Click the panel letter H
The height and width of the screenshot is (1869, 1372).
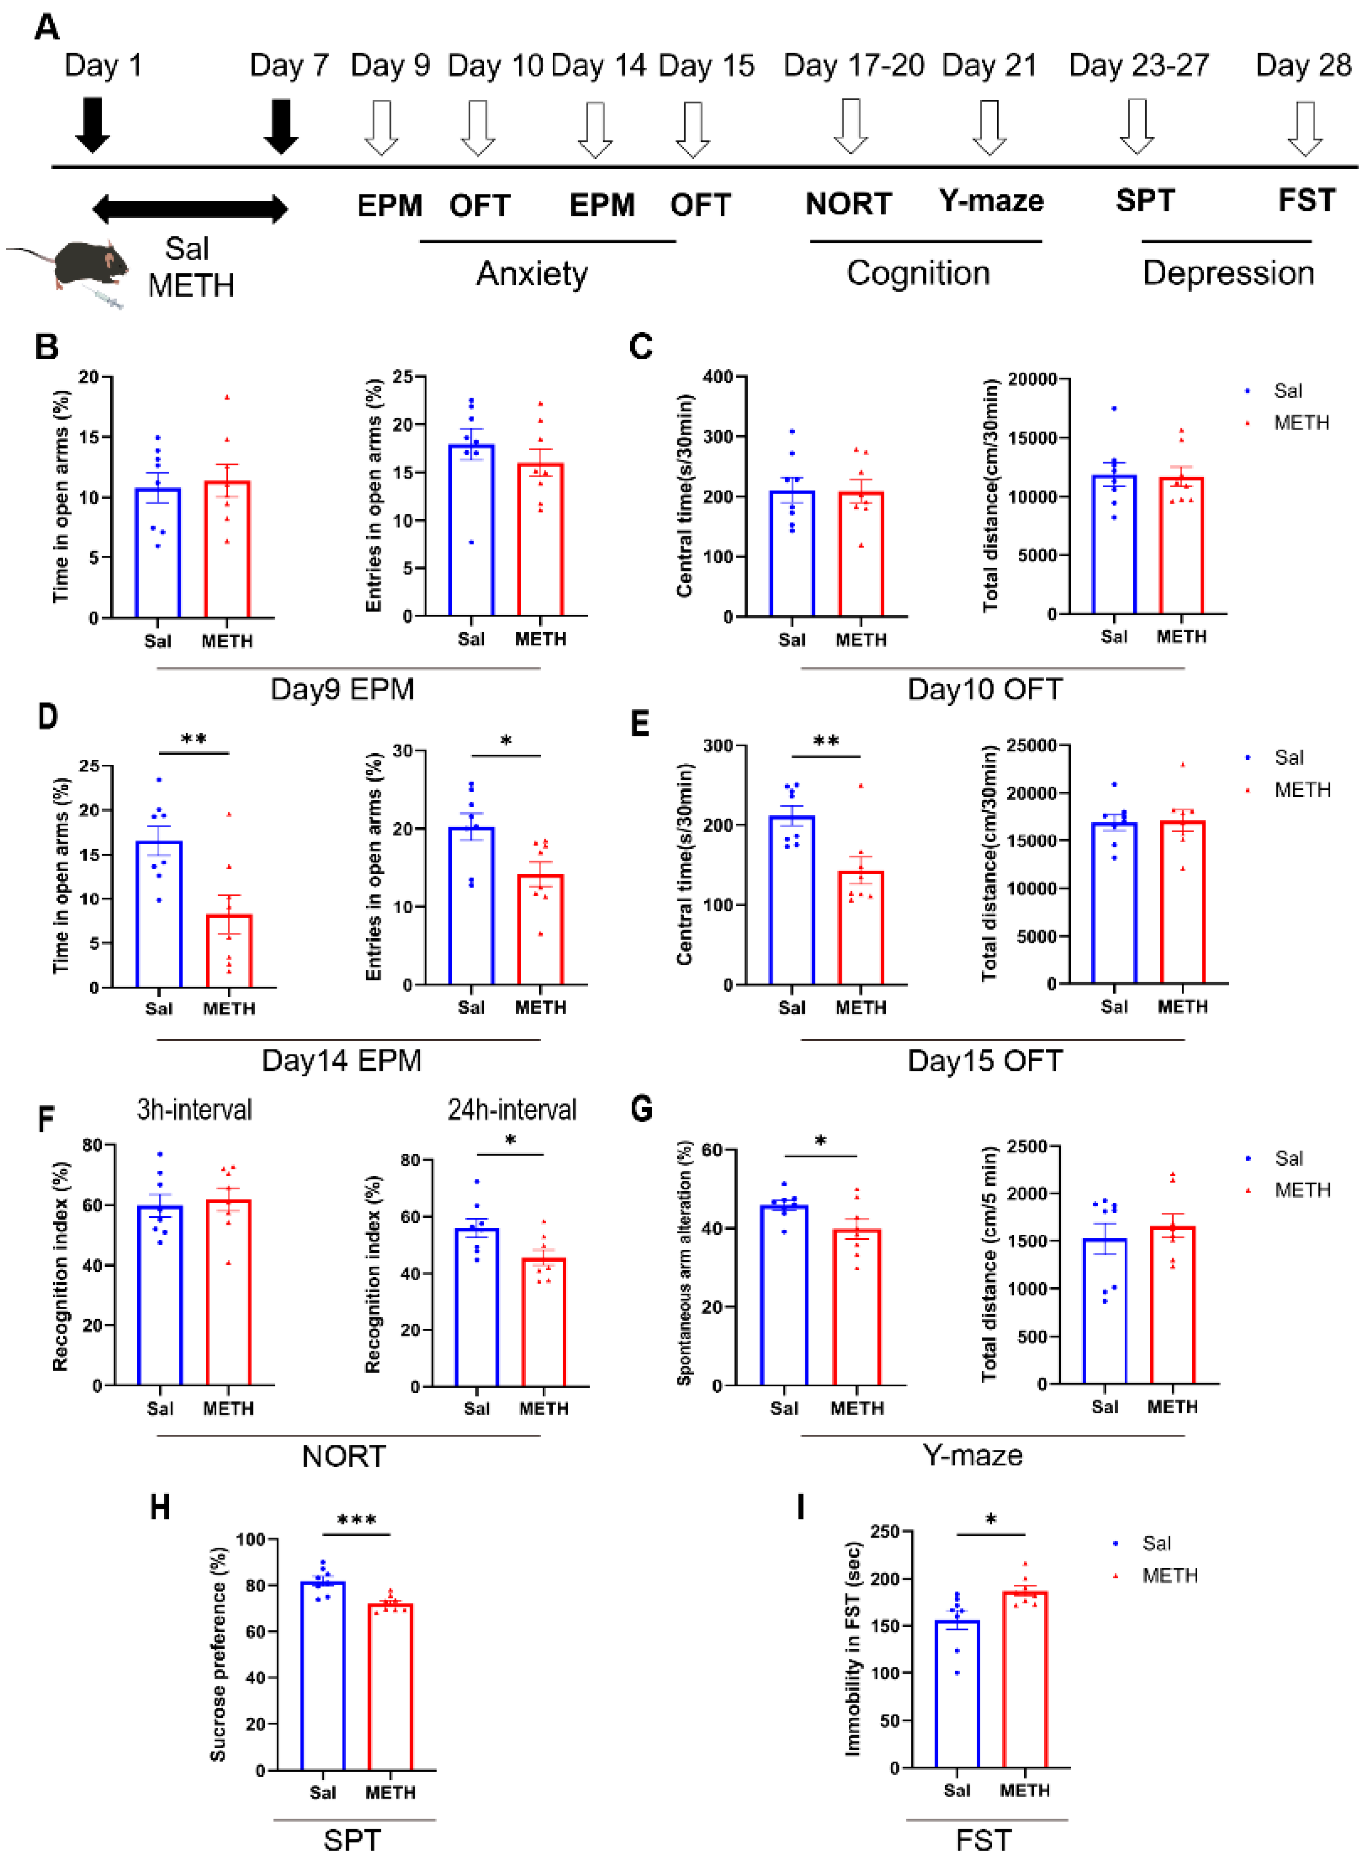click(160, 1507)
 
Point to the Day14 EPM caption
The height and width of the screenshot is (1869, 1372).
click(341, 1061)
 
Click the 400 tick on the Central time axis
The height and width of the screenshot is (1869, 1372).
click(717, 377)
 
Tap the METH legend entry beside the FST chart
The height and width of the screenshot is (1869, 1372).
click(1170, 1576)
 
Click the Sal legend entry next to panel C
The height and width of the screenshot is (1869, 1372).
click(1287, 390)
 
